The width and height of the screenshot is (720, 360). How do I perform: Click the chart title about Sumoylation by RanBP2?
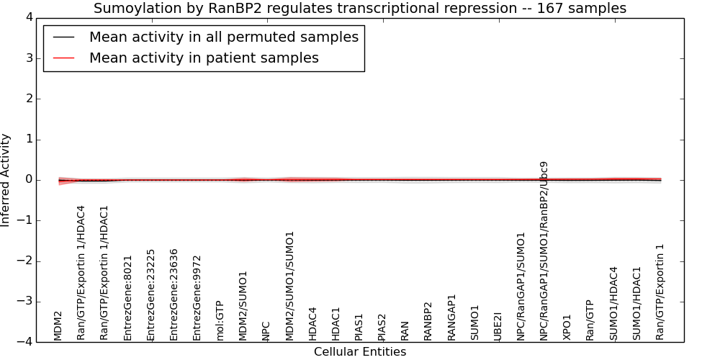(x=360, y=8)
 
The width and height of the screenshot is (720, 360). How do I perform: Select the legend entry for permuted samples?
(x=224, y=37)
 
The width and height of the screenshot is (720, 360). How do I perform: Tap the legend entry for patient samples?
(x=204, y=58)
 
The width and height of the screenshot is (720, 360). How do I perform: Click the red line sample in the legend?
(x=63, y=58)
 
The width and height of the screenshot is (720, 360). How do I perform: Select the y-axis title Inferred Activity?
(x=5, y=180)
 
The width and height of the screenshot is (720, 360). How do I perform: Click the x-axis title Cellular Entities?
(x=360, y=352)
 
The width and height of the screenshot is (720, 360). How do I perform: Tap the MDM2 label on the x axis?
(x=58, y=326)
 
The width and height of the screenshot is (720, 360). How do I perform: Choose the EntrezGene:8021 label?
(x=127, y=298)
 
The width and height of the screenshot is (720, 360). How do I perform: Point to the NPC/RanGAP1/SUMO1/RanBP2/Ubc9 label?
(x=544, y=251)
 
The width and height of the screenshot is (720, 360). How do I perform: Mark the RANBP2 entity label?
(x=428, y=321)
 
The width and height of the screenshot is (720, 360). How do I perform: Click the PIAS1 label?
(x=359, y=327)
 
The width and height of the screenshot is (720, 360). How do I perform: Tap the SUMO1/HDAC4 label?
(x=613, y=304)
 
